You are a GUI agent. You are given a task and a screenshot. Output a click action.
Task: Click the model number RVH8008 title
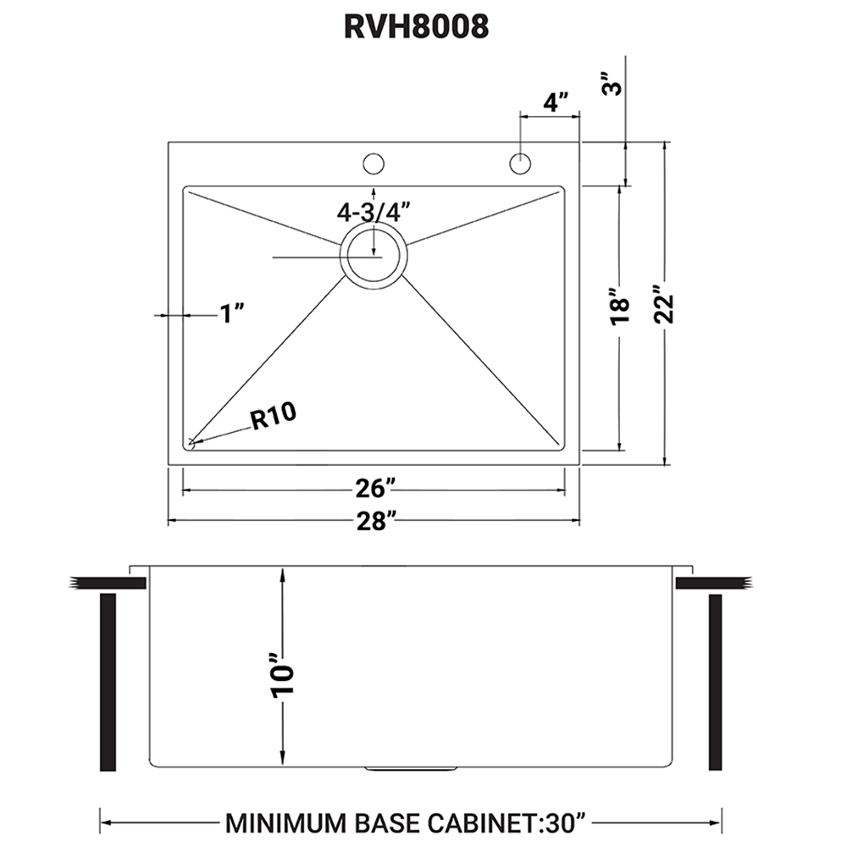pos(417,26)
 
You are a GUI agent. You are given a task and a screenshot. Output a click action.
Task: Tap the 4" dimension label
pos(555,102)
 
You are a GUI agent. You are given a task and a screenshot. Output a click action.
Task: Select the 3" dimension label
pos(616,86)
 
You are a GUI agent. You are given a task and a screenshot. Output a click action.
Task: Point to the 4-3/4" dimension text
pos(374,211)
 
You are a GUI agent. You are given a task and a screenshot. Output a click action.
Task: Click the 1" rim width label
pos(231,314)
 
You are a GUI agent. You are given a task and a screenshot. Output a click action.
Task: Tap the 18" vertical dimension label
pos(621,310)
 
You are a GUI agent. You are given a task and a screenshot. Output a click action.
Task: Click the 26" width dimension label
pos(374,490)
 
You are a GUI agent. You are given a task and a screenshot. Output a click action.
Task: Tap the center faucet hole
pos(373,163)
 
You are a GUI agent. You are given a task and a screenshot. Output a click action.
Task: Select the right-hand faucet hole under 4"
pos(519,163)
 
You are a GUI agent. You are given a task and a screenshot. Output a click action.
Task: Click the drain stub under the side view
pos(388,770)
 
